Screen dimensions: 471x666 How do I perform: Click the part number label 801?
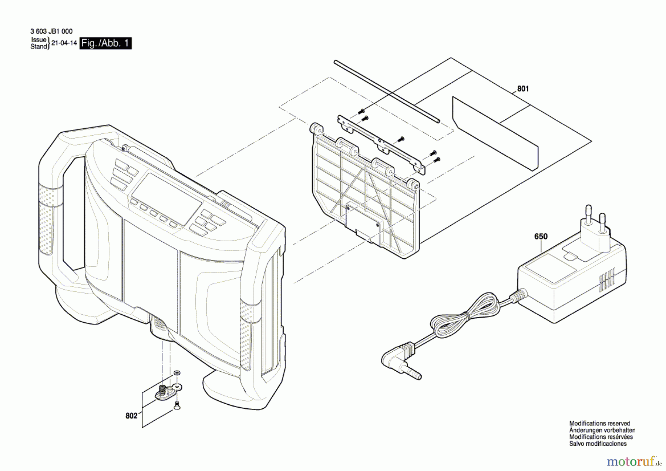[x=523, y=89]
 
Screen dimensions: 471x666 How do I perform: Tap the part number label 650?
[x=541, y=236]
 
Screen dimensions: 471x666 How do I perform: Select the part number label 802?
[x=131, y=416]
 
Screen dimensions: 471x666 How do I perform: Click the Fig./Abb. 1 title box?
[x=105, y=43]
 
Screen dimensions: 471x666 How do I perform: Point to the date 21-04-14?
[x=64, y=43]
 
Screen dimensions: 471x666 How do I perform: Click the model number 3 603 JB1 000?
[x=51, y=31]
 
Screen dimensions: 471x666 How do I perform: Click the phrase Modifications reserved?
[x=599, y=423]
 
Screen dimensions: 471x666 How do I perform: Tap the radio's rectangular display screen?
[x=166, y=198]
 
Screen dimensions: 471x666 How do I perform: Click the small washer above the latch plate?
[x=177, y=372]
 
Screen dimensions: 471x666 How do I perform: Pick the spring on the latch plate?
[x=162, y=389]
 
